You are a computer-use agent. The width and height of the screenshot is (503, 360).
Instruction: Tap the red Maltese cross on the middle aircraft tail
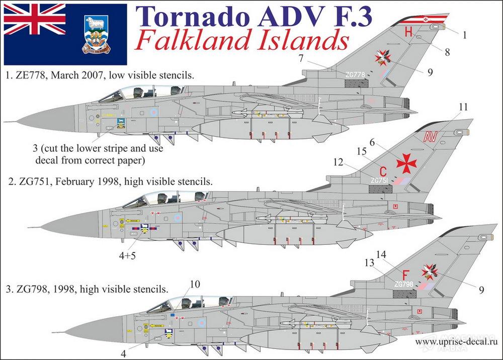click(x=407, y=163)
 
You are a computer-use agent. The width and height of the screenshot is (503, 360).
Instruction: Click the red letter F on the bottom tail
click(x=405, y=274)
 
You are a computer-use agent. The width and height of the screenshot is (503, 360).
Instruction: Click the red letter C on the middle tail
click(x=383, y=170)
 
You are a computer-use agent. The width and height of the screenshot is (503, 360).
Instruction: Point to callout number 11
click(x=463, y=107)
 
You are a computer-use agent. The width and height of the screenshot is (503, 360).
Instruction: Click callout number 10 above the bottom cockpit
click(x=195, y=285)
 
